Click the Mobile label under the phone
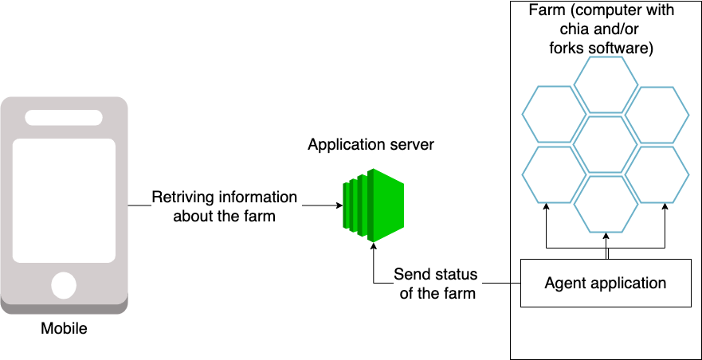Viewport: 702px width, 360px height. tap(65, 327)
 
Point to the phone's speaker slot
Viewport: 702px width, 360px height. tap(64, 118)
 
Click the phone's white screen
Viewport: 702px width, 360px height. tap(64, 201)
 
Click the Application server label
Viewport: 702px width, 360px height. tap(371, 145)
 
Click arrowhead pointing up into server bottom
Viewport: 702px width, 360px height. tap(373, 247)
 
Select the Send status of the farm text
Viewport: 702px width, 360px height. tap(436, 284)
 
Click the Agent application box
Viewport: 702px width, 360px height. tap(606, 283)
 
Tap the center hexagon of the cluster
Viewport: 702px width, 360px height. tap(606, 144)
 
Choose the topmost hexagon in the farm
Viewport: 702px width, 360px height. tap(606, 84)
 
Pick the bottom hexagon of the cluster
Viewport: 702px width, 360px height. tap(606, 203)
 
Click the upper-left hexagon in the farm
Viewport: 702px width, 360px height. tap(554, 114)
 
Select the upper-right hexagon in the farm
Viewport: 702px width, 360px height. tap(657, 114)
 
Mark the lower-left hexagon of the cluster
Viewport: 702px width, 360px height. tap(554, 174)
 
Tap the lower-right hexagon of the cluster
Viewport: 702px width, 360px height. tap(657, 174)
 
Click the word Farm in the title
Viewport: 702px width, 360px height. tap(545, 10)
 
